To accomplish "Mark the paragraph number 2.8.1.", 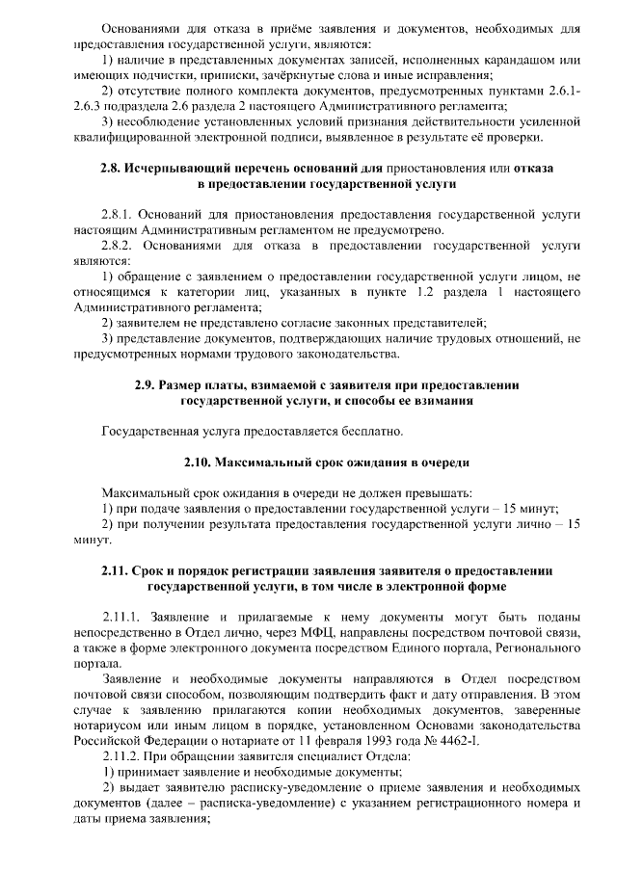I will click(119, 215).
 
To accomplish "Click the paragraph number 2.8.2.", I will click(119, 246).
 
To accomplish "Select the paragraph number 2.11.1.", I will click(122, 615).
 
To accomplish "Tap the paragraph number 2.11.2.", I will click(122, 756).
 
